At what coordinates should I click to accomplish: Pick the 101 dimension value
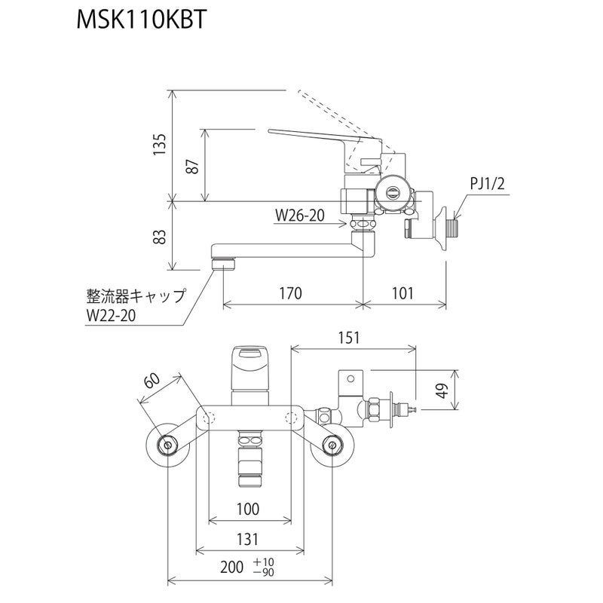coord(403,293)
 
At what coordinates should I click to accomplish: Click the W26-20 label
coord(299,216)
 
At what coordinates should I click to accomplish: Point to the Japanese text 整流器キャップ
coord(134,295)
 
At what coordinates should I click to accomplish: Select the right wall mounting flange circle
coord(332,446)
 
